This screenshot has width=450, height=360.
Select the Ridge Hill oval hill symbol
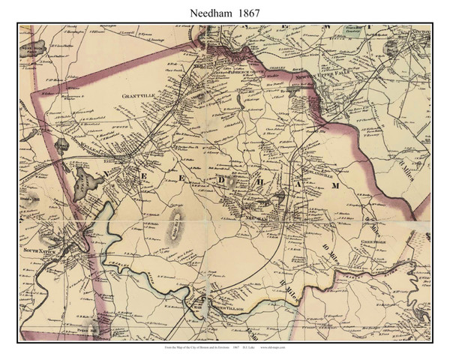tap(175, 222)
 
